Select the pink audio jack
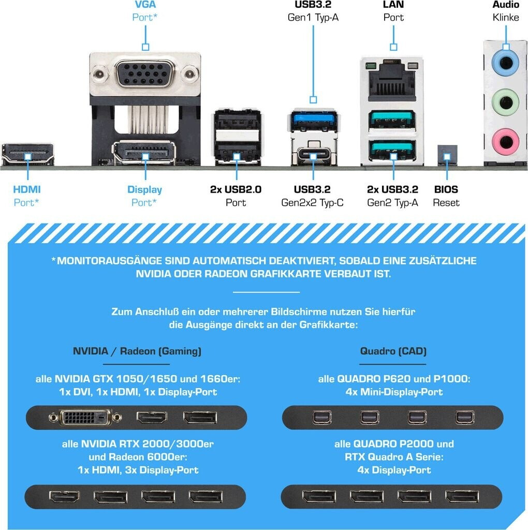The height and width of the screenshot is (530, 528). (x=505, y=139)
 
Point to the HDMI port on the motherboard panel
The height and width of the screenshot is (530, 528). (x=28, y=154)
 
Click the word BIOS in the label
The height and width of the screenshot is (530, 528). (x=446, y=189)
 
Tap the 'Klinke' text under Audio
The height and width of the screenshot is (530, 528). (x=505, y=17)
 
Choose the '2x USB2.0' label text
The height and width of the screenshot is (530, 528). (x=236, y=189)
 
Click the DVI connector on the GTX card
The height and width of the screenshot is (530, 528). (x=85, y=417)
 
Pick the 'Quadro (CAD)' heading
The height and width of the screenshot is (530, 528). (x=393, y=351)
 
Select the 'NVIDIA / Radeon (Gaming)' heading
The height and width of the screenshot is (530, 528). (x=137, y=351)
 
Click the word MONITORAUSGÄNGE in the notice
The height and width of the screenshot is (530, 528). (x=130, y=260)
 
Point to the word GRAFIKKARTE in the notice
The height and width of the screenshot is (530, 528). (x=303, y=273)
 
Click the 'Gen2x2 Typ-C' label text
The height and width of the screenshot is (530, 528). (x=312, y=203)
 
